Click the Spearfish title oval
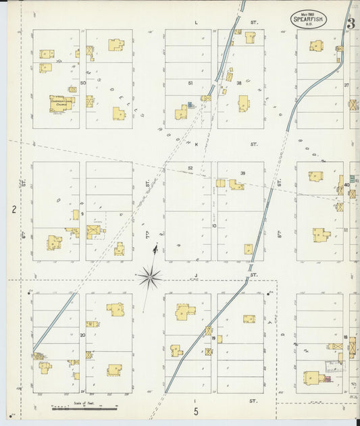(x=309, y=18)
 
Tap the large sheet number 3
(x=351, y=24)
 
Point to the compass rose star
(x=150, y=275)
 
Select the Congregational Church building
(x=61, y=103)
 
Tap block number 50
(x=83, y=83)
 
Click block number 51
(x=190, y=83)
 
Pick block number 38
(x=238, y=83)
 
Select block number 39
(x=242, y=173)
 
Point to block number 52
(x=190, y=168)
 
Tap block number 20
(x=82, y=334)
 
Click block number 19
(x=213, y=338)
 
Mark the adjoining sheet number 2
(x=14, y=210)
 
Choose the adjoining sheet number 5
(x=196, y=410)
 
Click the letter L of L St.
(x=196, y=23)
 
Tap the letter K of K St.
(x=196, y=144)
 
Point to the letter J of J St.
(x=196, y=275)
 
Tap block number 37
(x=346, y=86)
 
